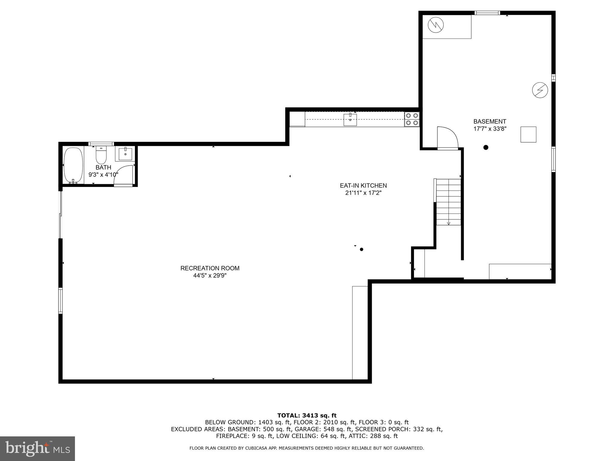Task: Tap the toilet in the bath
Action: [101, 155]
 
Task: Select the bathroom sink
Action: [125, 154]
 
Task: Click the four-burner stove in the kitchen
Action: [412, 119]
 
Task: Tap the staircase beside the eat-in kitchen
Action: [448, 202]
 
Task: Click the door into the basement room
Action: [447, 138]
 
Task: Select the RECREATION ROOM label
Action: [210, 268]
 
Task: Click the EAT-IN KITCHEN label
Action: [363, 185]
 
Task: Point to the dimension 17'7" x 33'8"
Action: [490, 129]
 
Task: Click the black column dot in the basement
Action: [486, 147]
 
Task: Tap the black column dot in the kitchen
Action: [361, 249]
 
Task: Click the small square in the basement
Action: [528, 134]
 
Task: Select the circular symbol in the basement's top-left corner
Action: [436, 25]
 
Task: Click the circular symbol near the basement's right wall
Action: [540, 90]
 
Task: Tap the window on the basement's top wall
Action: [487, 13]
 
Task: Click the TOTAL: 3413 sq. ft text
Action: [307, 415]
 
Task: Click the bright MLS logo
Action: [37, 449]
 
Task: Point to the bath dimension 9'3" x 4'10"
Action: [103, 174]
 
